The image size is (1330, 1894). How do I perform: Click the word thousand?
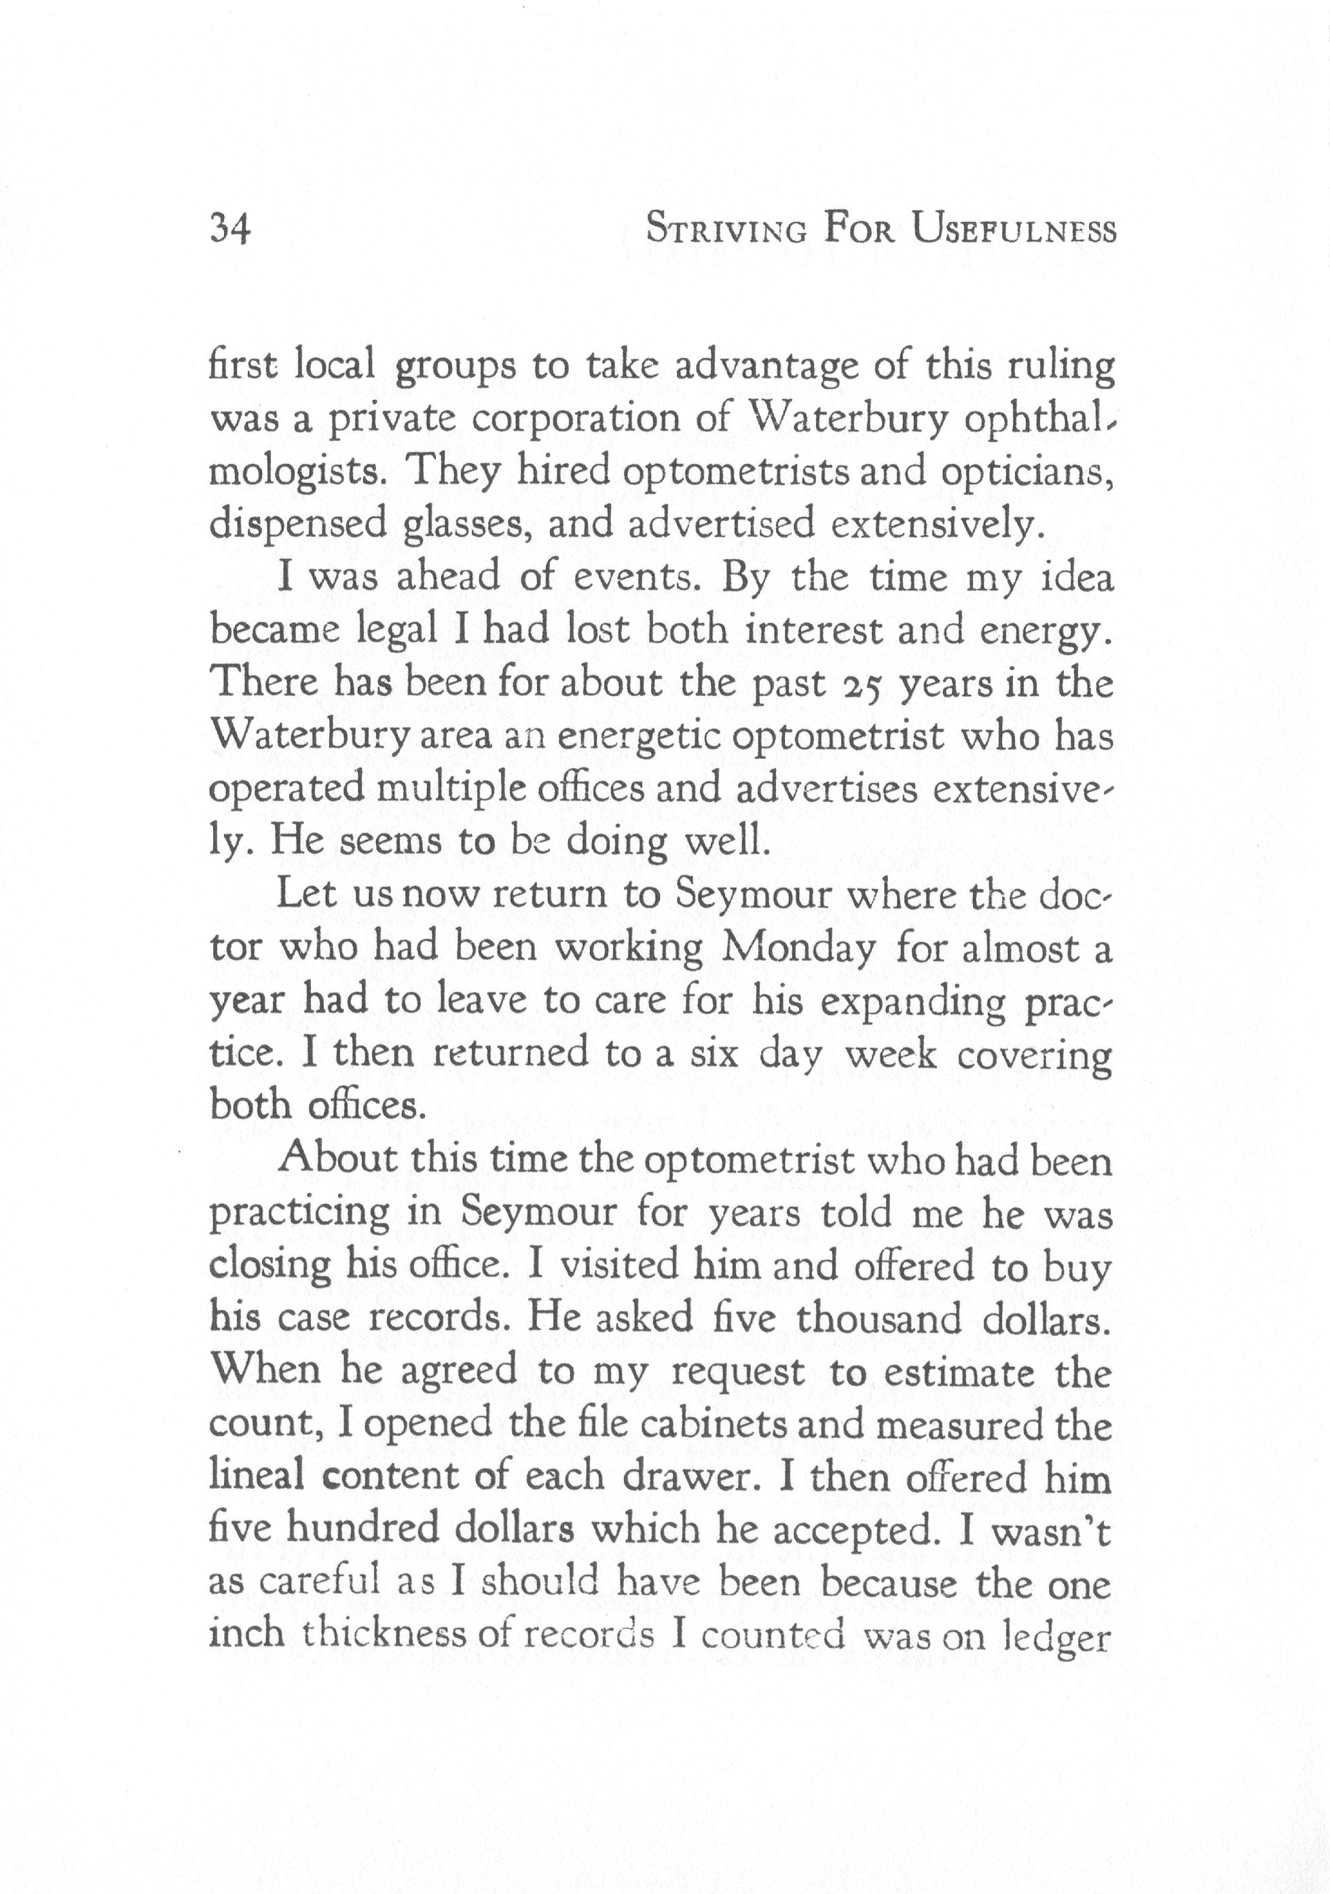tap(879, 1318)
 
